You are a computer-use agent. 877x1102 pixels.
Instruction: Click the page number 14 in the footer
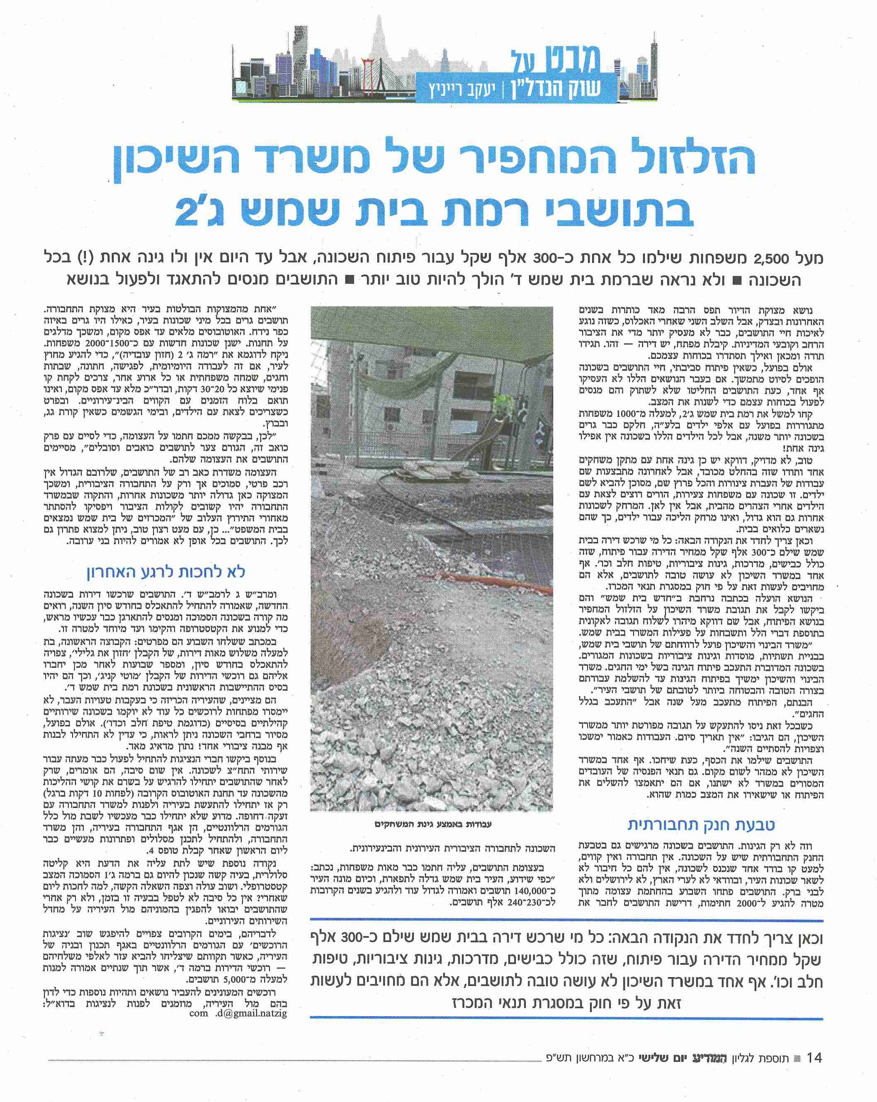(813, 1058)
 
